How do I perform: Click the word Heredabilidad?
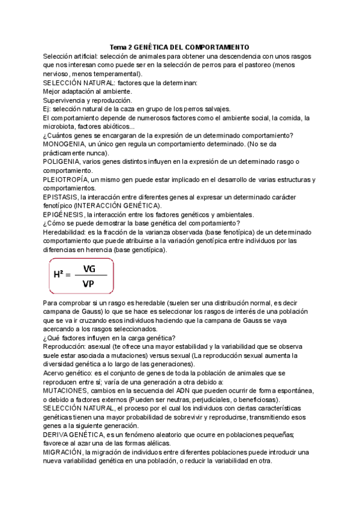(63, 232)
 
